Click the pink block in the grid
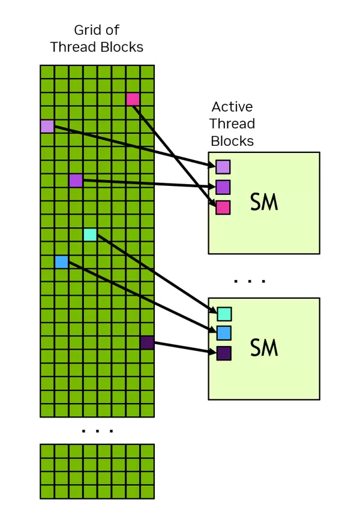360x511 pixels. tap(133, 99)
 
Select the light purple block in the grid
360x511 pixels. tap(47, 126)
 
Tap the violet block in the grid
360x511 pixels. tap(76, 180)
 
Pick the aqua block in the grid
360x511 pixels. tap(90, 235)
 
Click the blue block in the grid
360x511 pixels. tap(61, 261)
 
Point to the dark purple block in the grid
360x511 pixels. tap(147, 342)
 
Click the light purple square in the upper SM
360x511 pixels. tap(223, 167)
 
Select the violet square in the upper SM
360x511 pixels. tap(223, 187)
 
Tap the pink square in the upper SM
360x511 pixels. tap(223, 208)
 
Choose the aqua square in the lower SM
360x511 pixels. tap(224, 314)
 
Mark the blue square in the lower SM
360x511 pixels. tap(224, 333)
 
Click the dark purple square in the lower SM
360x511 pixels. tap(224, 353)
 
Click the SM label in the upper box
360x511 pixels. tap(264, 203)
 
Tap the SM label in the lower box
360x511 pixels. tap(264, 348)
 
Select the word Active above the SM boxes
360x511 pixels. tap(232, 107)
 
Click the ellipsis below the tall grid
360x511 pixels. tap(97, 430)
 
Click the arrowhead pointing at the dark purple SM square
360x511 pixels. tap(211, 351)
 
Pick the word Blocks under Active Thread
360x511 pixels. tap(232, 142)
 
